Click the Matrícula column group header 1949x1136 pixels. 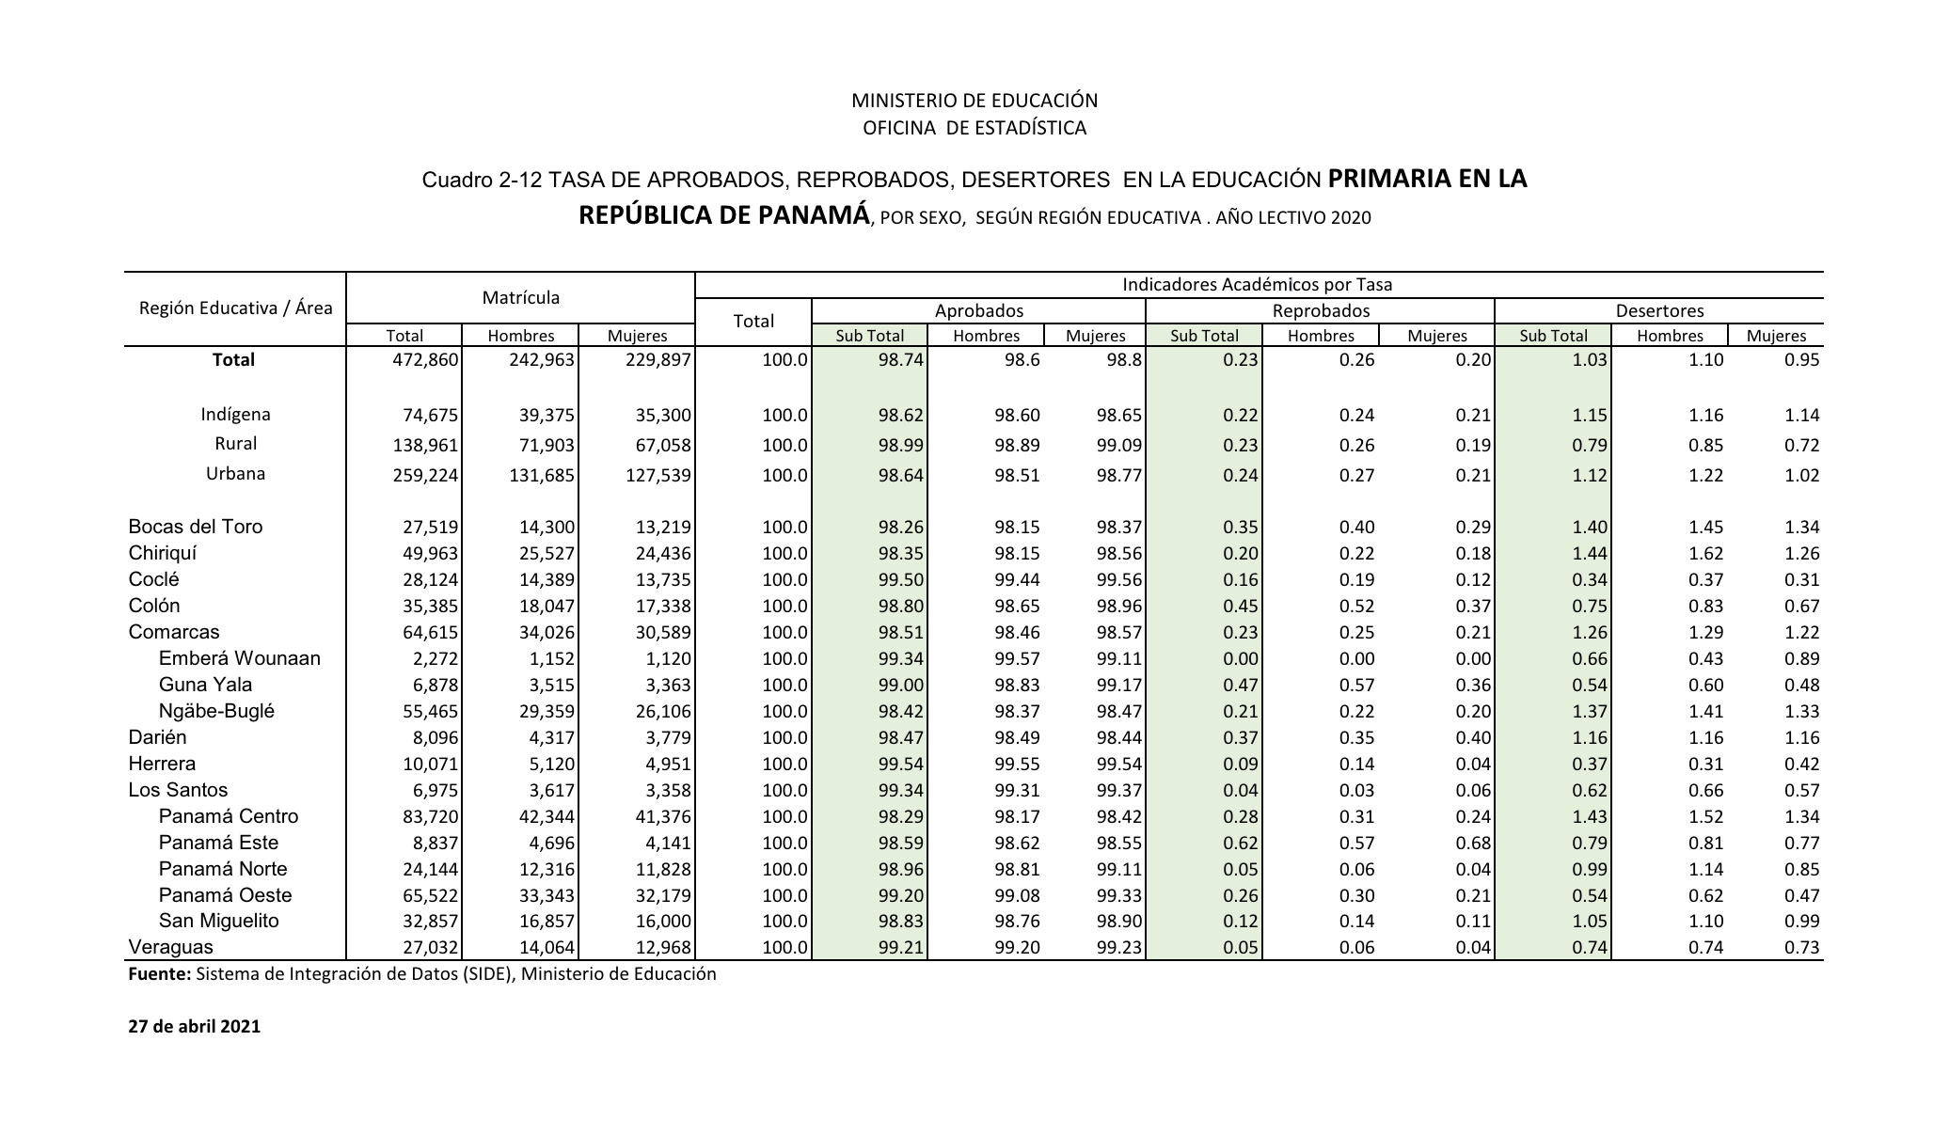[520, 298]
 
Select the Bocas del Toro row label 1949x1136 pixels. [196, 527]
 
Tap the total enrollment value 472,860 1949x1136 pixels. [425, 360]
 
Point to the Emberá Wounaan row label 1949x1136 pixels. [239, 658]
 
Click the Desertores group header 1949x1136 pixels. [1659, 310]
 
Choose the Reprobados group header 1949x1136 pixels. [1320, 310]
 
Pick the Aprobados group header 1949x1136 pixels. [978, 310]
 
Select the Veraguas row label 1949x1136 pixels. [171, 947]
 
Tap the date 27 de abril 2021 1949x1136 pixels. [194, 1026]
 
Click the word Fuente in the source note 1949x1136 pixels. [158, 974]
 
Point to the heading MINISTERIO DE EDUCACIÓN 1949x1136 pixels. [974, 101]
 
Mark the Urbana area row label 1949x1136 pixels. [235, 474]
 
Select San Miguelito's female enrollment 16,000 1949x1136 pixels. [658, 922]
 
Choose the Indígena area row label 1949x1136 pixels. [235, 415]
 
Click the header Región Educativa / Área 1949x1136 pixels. [235, 308]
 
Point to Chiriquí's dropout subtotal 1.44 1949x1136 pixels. [1589, 554]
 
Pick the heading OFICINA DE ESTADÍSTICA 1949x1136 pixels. [974, 128]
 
